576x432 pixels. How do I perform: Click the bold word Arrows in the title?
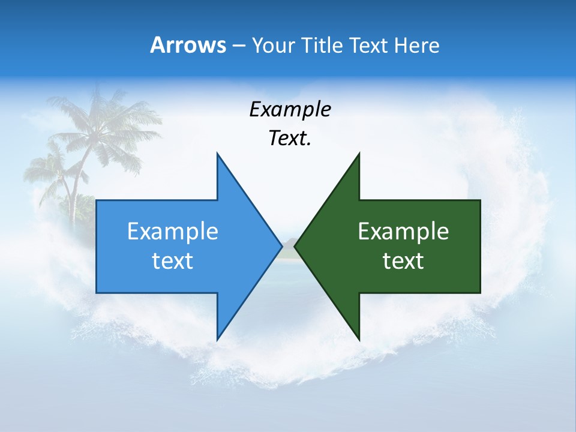click(188, 45)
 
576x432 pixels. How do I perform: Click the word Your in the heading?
click(273, 45)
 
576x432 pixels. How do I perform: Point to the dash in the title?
click(238, 46)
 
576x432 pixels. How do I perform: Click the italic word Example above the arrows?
click(290, 110)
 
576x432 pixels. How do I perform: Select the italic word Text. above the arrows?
click(290, 139)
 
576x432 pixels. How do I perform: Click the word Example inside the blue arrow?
click(173, 232)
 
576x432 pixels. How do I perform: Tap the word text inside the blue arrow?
click(173, 261)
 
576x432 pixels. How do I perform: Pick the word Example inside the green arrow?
click(403, 232)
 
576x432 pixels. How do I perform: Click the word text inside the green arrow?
click(403, 261)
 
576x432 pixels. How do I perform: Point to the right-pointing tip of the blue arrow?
click(281, 246)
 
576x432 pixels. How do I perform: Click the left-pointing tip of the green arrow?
click(295, 246)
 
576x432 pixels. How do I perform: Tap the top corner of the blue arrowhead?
click(217, 154)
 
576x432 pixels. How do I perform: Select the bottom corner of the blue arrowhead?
click(217, 340)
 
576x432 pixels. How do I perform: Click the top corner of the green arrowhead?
click(359, 154)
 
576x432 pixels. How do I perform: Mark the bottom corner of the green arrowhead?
click(359, 340)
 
